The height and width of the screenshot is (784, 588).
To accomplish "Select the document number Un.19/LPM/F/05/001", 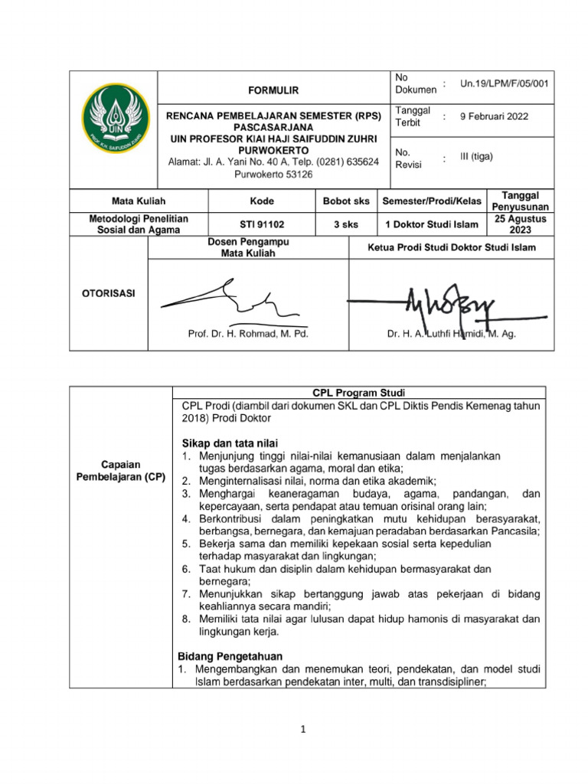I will pos(508,83).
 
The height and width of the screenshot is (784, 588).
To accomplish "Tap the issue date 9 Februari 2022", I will pos(494,117).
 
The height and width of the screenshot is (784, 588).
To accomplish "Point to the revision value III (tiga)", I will pos(476,156).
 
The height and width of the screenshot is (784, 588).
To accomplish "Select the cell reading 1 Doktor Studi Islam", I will pos(433,224).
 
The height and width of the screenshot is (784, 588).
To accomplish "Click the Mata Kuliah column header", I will pos(139,201).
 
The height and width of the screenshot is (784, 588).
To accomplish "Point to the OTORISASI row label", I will pos(108,293).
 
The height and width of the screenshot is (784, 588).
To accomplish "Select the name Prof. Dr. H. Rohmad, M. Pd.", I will pos(249,334).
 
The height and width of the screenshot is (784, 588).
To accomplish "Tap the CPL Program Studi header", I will pos(360,393).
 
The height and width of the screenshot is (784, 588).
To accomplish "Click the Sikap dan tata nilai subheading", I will pos(229,443).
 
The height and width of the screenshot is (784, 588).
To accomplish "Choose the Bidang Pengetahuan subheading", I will pos(230,656).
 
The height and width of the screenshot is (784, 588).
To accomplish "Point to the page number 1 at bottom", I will pos(302,730).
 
